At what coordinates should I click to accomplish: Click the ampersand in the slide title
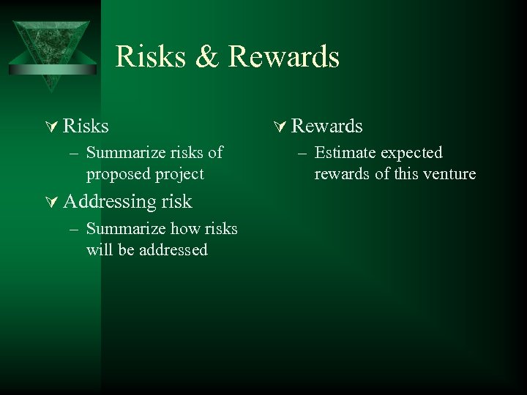pyautogui.click(x=207, y=56)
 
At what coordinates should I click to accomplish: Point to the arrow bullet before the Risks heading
pyautogui.click(x=52, y=127)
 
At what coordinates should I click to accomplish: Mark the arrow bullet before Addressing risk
pyautogui.click(x=52, y=202)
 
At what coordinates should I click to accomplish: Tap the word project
pyautogui.click(x=180, y=174)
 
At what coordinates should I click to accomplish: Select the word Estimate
pyautogui.click(x=343, y=153)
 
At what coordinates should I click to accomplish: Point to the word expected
pyautogui.click(x=410, y=153)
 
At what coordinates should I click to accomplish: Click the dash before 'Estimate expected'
pyautogui.click(x=303, y=153)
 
